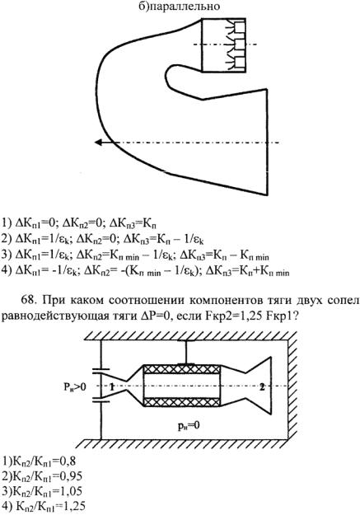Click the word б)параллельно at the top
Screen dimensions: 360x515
(x=179, y=7)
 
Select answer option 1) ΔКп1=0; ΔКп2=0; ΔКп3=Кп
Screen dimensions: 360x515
(x=79, y=223)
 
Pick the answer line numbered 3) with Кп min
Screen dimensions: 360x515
(x=135, y=255)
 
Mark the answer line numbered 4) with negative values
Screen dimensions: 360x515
(x=145, y=272)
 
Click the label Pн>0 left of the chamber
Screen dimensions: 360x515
(x=75, y=387)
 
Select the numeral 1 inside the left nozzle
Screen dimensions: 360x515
(x=112, y=387)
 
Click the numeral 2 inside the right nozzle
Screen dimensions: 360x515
(x=262, y=386)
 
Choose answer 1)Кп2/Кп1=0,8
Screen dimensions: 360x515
(x=39, y=461)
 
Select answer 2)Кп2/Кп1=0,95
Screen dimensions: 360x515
(x=42, y=476)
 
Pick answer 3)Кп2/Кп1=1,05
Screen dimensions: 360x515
(x=42, y=491)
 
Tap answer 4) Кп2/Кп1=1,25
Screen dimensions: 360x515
(x=44, y=506)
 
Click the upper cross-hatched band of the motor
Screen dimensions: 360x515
(x=182, y=369)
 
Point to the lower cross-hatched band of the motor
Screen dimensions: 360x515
(x=182, y=402)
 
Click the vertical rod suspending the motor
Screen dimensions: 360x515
(x=186, y=352)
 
